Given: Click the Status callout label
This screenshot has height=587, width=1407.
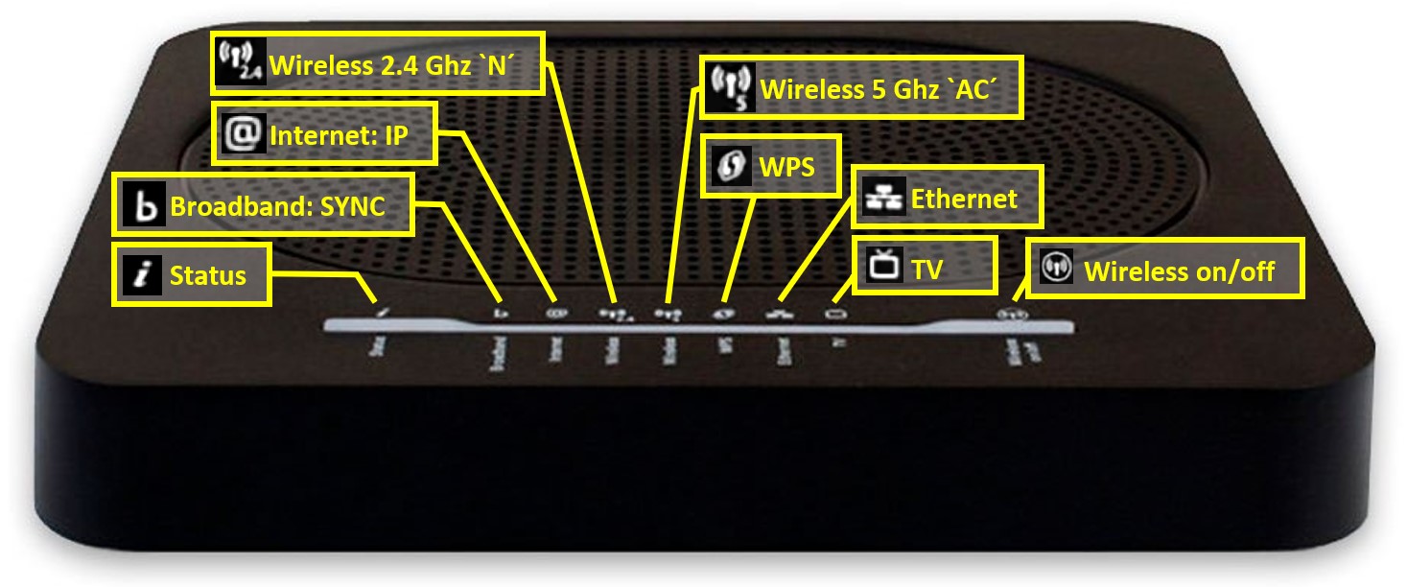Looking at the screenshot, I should (191, 275).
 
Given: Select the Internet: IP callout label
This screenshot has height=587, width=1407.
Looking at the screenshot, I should (323, 135).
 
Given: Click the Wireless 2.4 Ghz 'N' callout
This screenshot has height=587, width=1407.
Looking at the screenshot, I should (378, 63).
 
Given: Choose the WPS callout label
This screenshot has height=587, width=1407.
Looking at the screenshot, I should (773, 168).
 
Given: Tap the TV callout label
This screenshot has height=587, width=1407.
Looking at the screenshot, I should (926, 266).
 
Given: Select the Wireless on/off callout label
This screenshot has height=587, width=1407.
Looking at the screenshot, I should (1166, 270).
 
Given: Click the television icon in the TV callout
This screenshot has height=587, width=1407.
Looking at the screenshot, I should (883, 266).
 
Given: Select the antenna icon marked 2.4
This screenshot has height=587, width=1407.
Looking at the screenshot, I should (241, 63).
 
